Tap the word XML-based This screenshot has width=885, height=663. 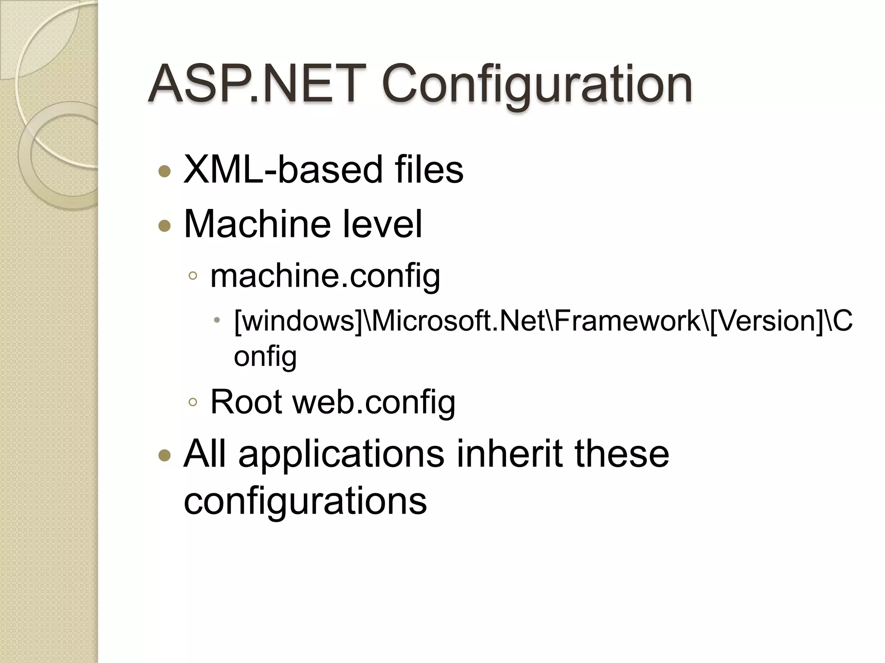click(283, 170)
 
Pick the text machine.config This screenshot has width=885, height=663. click(325, 276)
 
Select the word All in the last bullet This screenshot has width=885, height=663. click(204, 454)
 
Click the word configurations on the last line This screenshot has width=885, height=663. click(305, 502)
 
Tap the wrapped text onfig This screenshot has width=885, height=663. click(265, 357)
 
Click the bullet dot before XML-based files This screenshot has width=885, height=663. click(165, 172)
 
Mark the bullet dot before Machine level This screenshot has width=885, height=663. click(165, 225)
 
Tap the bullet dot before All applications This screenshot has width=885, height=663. click(165, 455)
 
